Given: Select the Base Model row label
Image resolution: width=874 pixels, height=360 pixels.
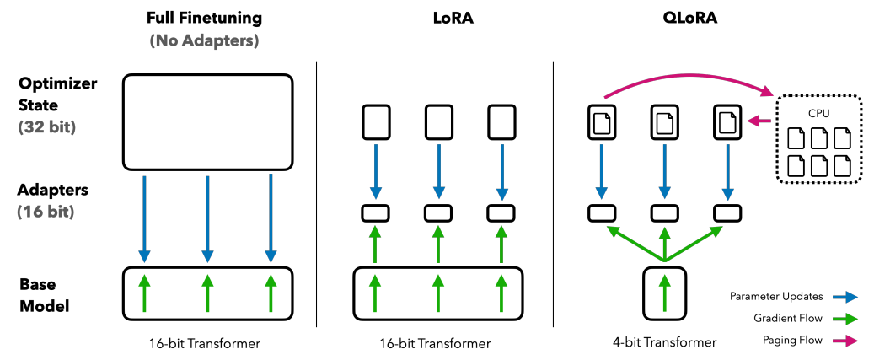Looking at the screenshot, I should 41,294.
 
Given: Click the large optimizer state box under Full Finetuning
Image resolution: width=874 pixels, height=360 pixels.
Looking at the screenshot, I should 207,121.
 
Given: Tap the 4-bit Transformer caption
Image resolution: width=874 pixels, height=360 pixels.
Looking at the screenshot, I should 665,342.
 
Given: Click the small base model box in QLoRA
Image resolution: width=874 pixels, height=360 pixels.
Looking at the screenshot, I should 666,293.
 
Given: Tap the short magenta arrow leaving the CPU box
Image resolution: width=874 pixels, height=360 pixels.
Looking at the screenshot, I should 761,122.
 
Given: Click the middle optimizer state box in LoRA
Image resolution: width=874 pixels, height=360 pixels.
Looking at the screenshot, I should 437,122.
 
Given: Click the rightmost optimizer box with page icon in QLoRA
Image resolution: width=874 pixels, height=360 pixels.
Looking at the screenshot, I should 727,122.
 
